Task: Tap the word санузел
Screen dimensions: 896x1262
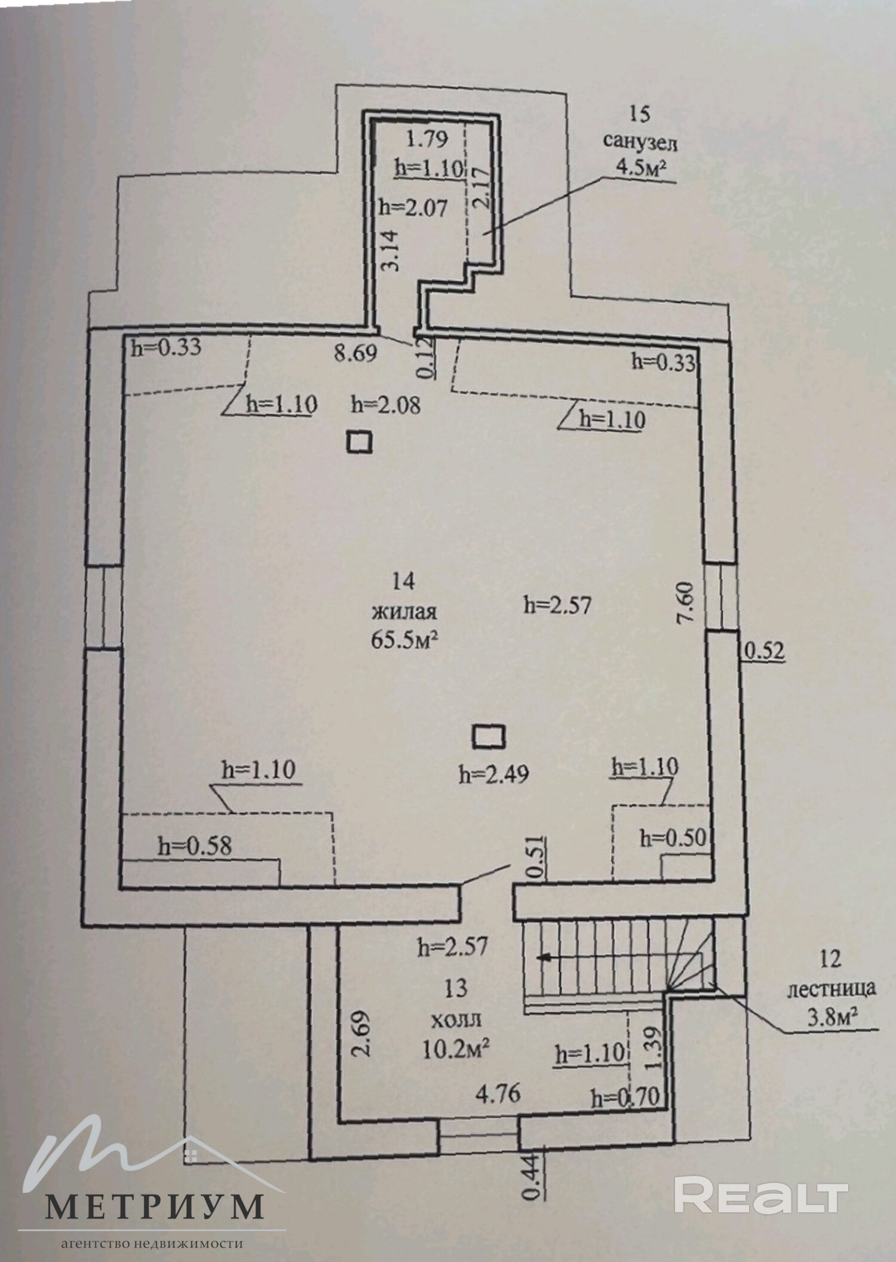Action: pos(640,143)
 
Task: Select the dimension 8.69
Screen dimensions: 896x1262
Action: pos(355,353)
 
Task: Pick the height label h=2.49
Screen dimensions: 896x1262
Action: pos(493,775)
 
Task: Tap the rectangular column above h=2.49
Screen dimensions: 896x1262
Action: pos(489,736)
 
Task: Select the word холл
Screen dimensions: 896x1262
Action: pos(456,1018)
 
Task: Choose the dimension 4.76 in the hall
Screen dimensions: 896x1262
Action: pos(498,1094)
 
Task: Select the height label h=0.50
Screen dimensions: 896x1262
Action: pos(673,838)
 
